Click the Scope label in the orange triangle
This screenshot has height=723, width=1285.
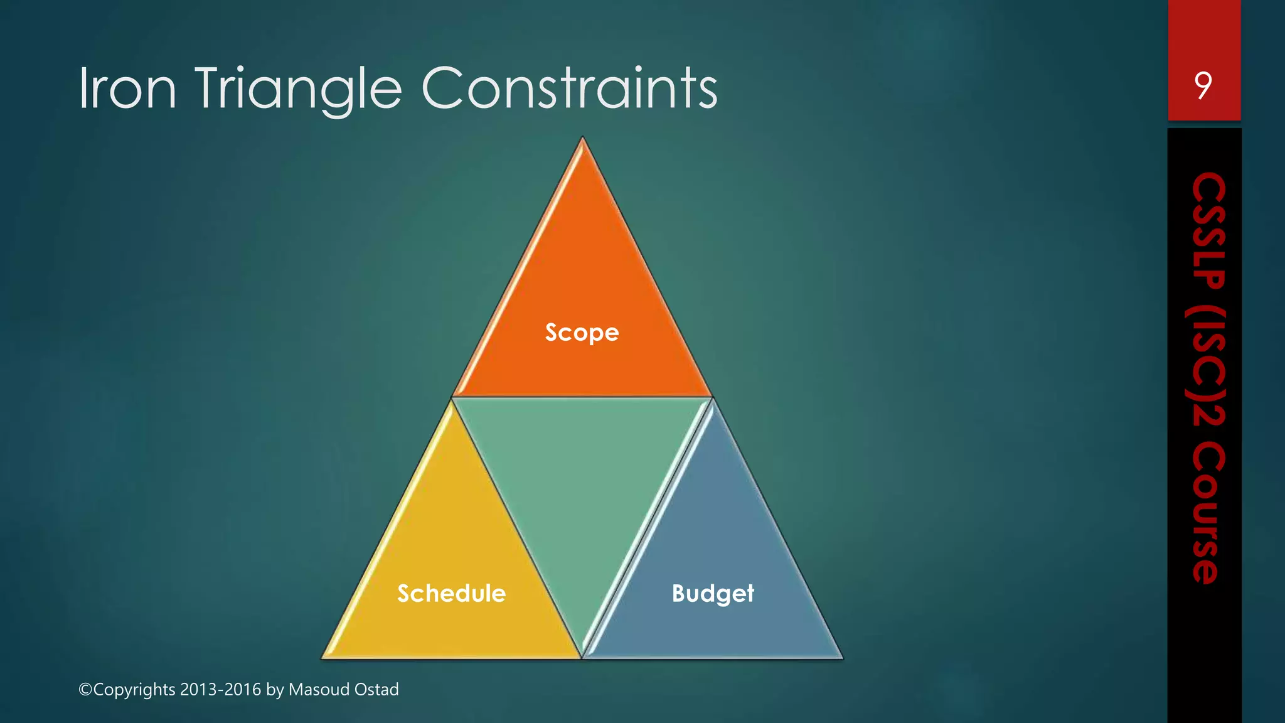pyautogui.click(x=582, y=332)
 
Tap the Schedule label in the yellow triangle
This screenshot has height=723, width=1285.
pyautogui.click(x=451, y=593)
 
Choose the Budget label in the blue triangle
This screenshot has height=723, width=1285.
pyautogui.click(x=713, y=593)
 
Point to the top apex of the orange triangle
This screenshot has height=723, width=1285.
pyautogui.click(x=582, y=139)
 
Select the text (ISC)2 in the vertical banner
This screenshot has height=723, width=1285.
pyautogui.click(x=1208, y=368)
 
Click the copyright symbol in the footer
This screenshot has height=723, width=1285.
pyautogui.click(x=85, y=690)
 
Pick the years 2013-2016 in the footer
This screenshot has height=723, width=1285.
pyautogui.click(x=220, y=690)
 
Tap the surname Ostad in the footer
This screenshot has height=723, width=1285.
pyautogui.click(x=376, y=690)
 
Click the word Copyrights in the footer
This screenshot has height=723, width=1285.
pyautogui.click(x=134, y=690)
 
